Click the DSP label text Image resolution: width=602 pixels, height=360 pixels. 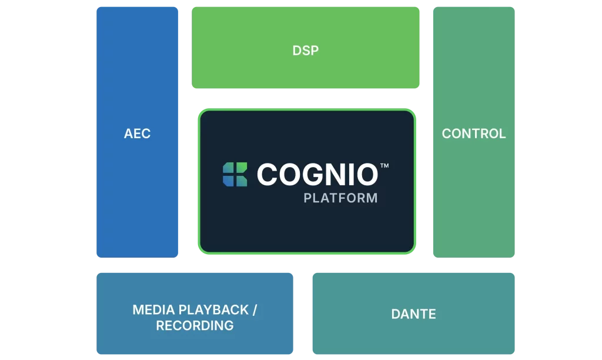coord(305,51)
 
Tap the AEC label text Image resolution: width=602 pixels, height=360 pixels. coord(137,134)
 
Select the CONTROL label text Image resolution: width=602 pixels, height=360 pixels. coord(473,134)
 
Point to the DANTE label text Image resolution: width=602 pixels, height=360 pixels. coord(413,314)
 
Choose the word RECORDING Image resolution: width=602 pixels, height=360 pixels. coord(195,325)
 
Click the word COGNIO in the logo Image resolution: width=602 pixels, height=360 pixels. coord(317,174)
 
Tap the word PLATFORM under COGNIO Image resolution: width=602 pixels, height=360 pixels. coord(340,198)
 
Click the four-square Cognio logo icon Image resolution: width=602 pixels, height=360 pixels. coord(235,174)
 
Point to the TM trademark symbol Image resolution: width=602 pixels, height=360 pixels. coord(384,166)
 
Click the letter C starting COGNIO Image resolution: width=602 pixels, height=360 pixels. coord(267,174)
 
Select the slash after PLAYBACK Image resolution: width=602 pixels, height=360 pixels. coord(254,310)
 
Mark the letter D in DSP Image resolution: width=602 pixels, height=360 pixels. coord(297,51)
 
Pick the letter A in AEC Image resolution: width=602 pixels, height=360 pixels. coord(128,134)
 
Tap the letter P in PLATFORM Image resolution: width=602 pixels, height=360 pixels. coord(307,198)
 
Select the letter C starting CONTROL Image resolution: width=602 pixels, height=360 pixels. coord(446,134)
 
